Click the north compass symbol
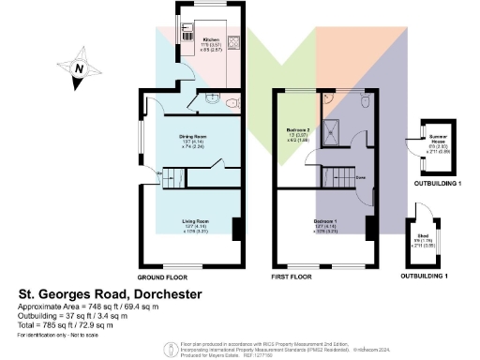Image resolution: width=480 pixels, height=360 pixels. (x=81, y=69)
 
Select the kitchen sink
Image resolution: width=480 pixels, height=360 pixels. (x=187, y=29)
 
